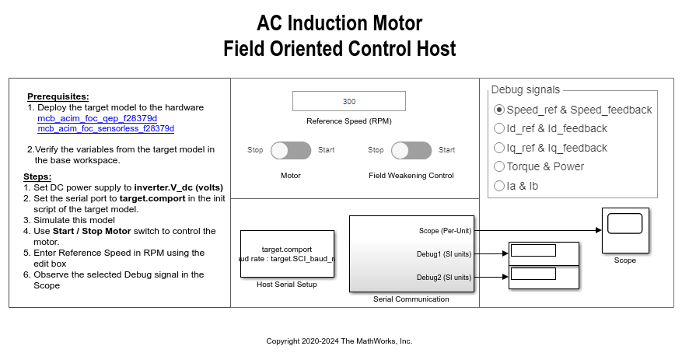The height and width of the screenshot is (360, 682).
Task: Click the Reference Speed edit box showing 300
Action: pyautogui.click(x=348, y=101)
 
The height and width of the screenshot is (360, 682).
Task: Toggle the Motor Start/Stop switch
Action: pyautogui.click(x=291, y=150)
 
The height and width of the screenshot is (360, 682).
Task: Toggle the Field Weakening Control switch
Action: pyautogui.click(x=411, y=150)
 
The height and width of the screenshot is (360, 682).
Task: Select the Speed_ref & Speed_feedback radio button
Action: pyautogui.click(x=499, y=110)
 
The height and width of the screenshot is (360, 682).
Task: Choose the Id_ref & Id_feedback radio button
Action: pyautogui.click(x=499, y=128)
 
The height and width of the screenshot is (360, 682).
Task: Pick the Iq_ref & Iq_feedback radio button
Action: pyautogui.click(x=499, y=148)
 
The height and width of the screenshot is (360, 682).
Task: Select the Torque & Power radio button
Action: pyautogui.click(x=499, y=166)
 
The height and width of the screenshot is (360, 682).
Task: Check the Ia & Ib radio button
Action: pyautogui.click(x=499, y=186)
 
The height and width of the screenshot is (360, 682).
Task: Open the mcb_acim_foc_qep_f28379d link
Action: pyautogui.click(x=97, y=118)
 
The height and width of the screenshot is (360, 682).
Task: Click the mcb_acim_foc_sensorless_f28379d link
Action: pyautogui.click(x=106, y=128)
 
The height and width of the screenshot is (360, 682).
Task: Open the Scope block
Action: pyautogui.click(x=624, y=229)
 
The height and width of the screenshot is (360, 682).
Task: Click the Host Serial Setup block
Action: pyautogui.click(x=287, y=253)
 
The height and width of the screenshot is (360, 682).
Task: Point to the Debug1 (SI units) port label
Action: pyautogui.click(x=443, y=253)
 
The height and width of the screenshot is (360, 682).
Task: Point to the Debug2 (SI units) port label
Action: pyautogui.click(x=443, y=277)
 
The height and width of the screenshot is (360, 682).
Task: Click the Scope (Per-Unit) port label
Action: pyautogui.click(x=439, y=230)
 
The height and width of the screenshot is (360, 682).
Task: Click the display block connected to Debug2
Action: pyautogui.click(x=544, y=277)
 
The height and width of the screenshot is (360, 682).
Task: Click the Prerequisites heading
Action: pyautogui.click(x=58, y=96)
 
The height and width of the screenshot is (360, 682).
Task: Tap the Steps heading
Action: pyautogui.click(x=38, y=177)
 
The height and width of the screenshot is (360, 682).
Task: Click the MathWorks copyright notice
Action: pyautogui.click(x=339, y=341)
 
